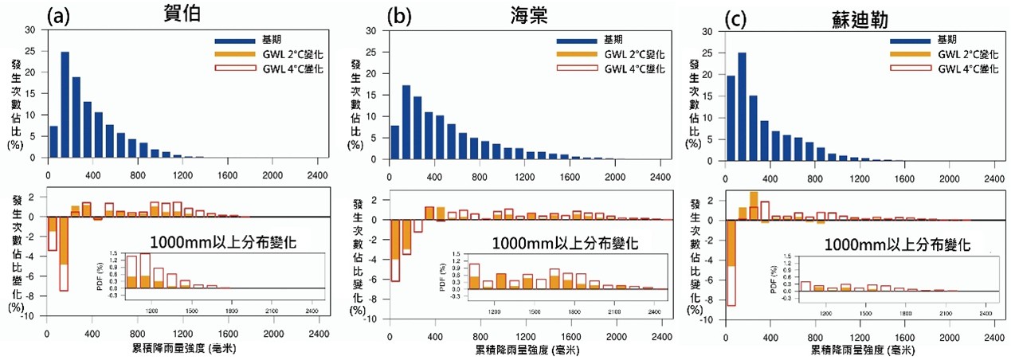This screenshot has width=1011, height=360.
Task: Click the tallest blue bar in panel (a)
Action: coord(65,104)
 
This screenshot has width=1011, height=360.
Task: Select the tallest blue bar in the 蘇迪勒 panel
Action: coord(742,104)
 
